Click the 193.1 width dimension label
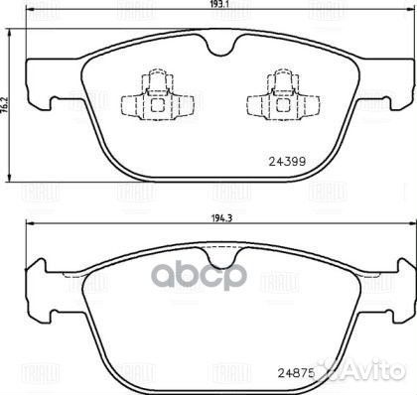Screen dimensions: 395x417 coord(212,5)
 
